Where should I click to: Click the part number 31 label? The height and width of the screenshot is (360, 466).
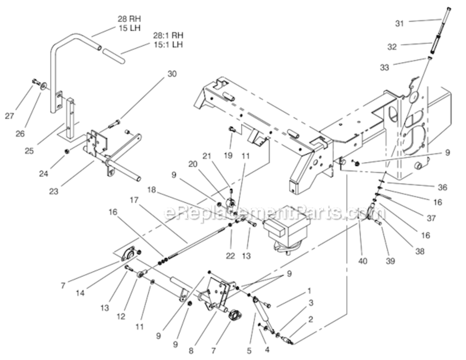point(400,23)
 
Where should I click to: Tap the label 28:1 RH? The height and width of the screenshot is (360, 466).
point(168,36)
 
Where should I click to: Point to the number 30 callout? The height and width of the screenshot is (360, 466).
point(172,74)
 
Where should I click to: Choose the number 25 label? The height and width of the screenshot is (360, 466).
point(30,151)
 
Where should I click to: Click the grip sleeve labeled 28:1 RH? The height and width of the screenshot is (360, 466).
point(112,54)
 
